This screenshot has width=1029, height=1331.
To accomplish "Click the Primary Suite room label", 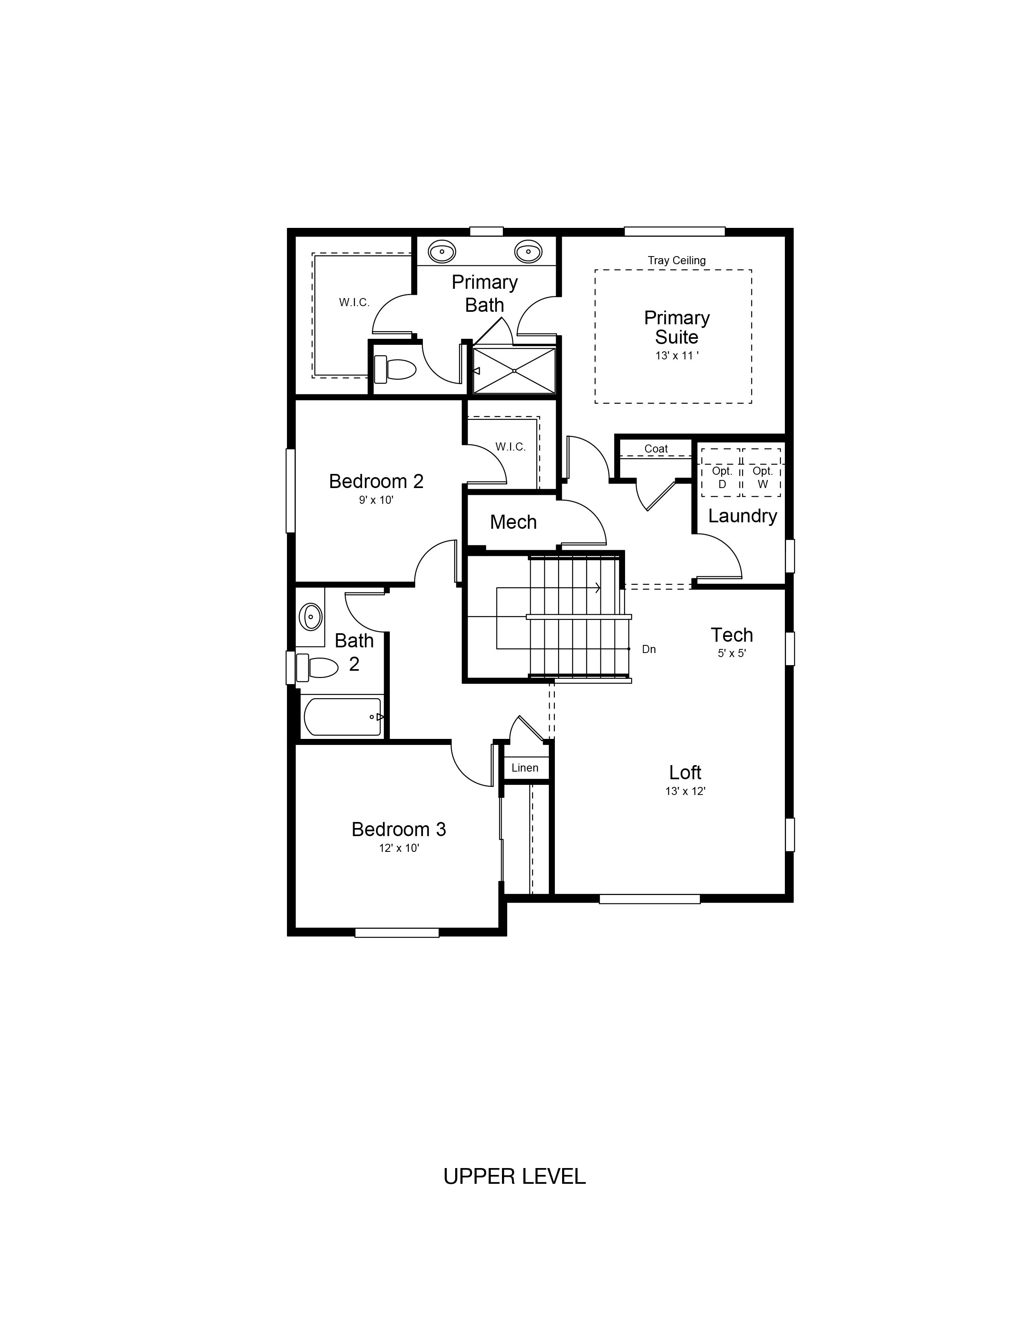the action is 677,327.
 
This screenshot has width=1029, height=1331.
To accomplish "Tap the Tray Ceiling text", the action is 677,260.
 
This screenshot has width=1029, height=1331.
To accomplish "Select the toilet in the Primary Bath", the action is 394,369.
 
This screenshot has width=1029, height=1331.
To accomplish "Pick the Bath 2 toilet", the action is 317,668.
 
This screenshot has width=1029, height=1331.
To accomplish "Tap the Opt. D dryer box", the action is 722,472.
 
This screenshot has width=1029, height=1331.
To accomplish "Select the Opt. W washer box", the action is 762,472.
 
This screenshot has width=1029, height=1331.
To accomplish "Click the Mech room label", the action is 513,522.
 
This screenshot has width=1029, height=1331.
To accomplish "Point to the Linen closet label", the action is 525,768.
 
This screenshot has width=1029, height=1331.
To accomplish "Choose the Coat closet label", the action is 656,449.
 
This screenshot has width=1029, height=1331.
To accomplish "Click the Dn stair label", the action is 648,650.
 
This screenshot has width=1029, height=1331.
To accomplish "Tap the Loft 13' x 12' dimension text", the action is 686,792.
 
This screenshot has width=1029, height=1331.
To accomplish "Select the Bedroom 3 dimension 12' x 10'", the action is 399,848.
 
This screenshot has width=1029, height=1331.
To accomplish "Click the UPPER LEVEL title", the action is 514,1176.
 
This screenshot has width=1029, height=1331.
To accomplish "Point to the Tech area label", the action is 732,635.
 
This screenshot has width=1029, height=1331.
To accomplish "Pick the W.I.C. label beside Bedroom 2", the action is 510,447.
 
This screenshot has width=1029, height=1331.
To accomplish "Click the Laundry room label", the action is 742,516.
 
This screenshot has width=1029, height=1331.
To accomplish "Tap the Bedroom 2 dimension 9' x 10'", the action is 376,501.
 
